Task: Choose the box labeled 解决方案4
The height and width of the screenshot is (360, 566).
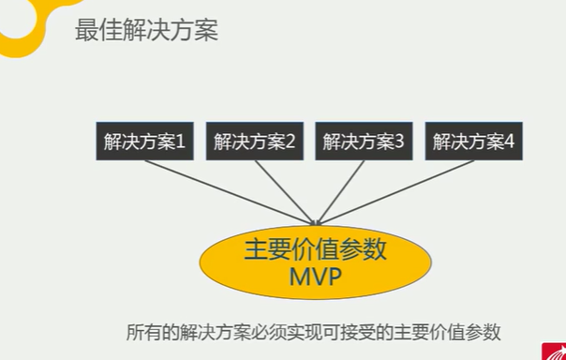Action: [473, 142]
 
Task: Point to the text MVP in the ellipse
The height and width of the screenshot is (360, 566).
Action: [315, 278]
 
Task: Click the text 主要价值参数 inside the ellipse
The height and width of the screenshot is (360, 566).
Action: [315, 250]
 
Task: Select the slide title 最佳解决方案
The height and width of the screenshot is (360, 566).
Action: [146, 30]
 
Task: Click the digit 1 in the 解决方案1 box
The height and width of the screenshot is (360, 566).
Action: [180, 142]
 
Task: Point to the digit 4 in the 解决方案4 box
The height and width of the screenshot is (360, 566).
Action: [509, 142]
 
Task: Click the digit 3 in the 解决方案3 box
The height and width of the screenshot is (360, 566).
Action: [399, 142]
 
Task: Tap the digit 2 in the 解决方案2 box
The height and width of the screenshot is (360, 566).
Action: [290, 142]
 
